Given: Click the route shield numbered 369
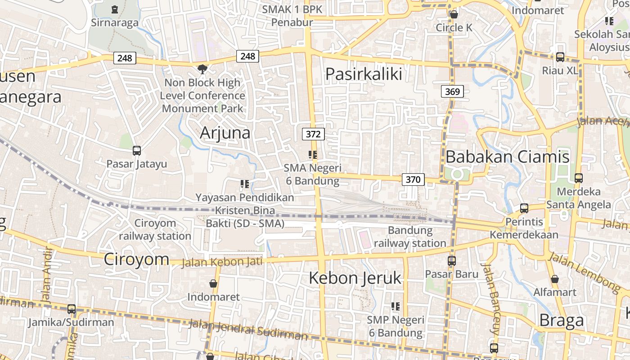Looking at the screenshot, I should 452,92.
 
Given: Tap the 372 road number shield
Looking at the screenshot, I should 313,134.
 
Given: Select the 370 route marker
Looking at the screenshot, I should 413,180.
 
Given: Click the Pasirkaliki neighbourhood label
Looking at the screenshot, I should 364,74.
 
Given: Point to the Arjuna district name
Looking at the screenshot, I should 225,133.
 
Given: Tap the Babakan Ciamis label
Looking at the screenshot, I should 507,157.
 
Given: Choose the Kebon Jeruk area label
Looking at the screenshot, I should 355,278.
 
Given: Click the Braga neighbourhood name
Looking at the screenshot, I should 561,320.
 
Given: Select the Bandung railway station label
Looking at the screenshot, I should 410,237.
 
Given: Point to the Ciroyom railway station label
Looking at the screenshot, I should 155,229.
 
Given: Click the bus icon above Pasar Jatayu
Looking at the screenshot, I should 137,151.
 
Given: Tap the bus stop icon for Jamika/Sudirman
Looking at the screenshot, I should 72,309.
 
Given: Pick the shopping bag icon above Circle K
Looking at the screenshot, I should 454,14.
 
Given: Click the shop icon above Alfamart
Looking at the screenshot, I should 555,279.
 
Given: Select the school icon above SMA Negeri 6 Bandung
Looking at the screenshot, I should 313,155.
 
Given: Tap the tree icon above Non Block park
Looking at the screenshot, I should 202,69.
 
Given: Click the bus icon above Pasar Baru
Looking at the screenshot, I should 451,261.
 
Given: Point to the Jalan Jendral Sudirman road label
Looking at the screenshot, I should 248,329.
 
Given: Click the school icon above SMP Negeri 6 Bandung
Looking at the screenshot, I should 396,306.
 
